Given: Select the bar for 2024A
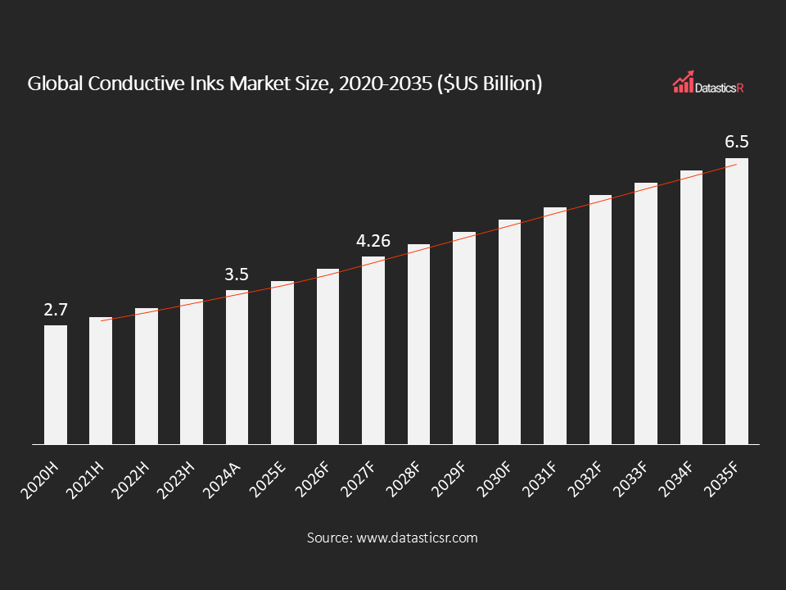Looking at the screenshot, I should coord(237,367).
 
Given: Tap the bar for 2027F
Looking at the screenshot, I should coord(373,351).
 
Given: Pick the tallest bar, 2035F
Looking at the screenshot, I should coord(737,302).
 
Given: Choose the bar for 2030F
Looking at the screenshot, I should coord(509,332).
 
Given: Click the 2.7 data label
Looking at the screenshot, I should coord(56,310).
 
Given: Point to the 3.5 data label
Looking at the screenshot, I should coord(237,275).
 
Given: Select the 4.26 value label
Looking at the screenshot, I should coord(373,241).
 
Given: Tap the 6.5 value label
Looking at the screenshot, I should coord(737,143).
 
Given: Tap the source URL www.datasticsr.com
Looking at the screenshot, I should coord(415,538).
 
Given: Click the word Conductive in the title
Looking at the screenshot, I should coord(115,84).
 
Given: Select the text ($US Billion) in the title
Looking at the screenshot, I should coord(489,84).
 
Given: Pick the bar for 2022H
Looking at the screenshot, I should coord(147,376).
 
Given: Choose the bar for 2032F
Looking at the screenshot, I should coord(600,320).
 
